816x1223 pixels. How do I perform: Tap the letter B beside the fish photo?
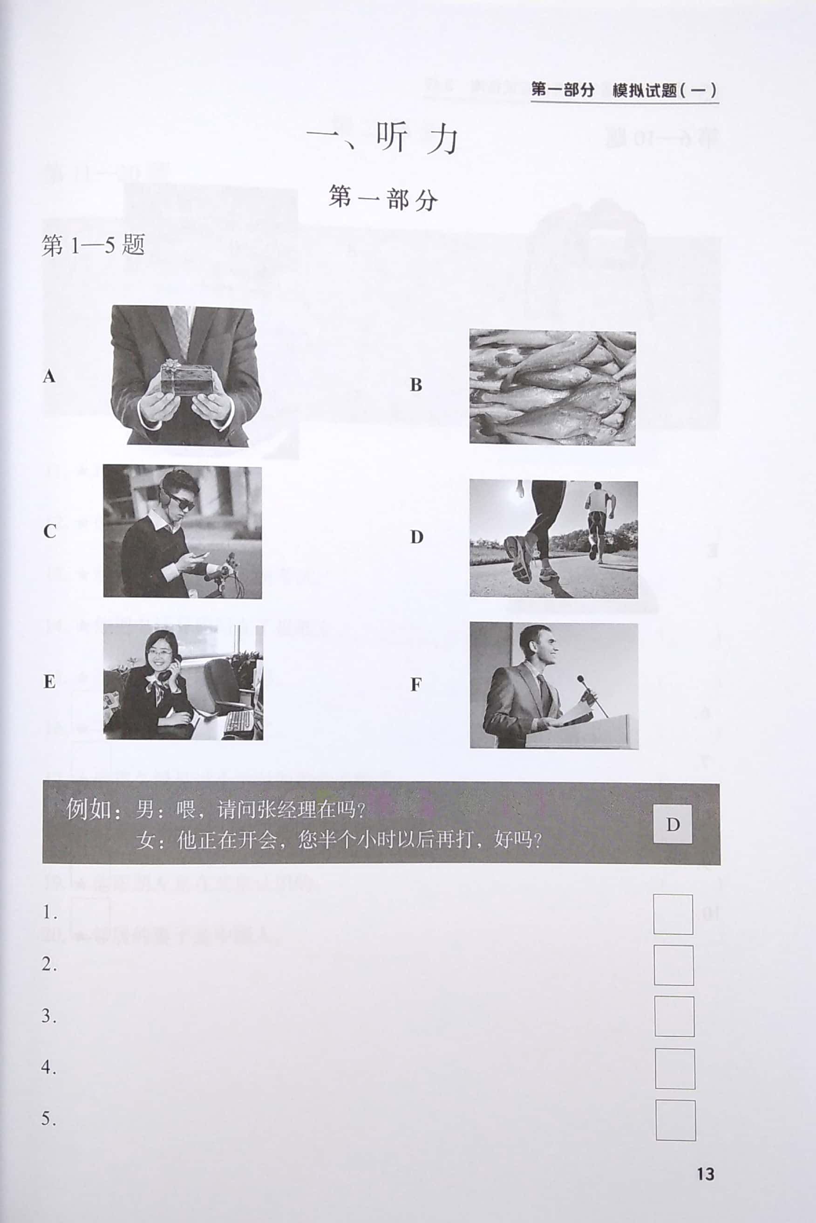416,385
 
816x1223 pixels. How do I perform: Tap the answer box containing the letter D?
673,824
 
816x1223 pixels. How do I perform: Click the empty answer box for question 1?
673,914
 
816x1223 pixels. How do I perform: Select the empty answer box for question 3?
674,1017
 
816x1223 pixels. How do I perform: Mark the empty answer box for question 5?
675,1120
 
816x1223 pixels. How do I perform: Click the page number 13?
705,1174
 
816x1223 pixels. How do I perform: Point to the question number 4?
48,1067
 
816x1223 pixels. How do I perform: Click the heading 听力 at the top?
416,138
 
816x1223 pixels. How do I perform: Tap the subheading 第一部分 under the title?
383,199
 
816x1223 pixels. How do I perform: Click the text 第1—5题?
93,245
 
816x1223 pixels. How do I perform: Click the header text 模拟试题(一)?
664,90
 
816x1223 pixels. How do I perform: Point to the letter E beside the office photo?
49,681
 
